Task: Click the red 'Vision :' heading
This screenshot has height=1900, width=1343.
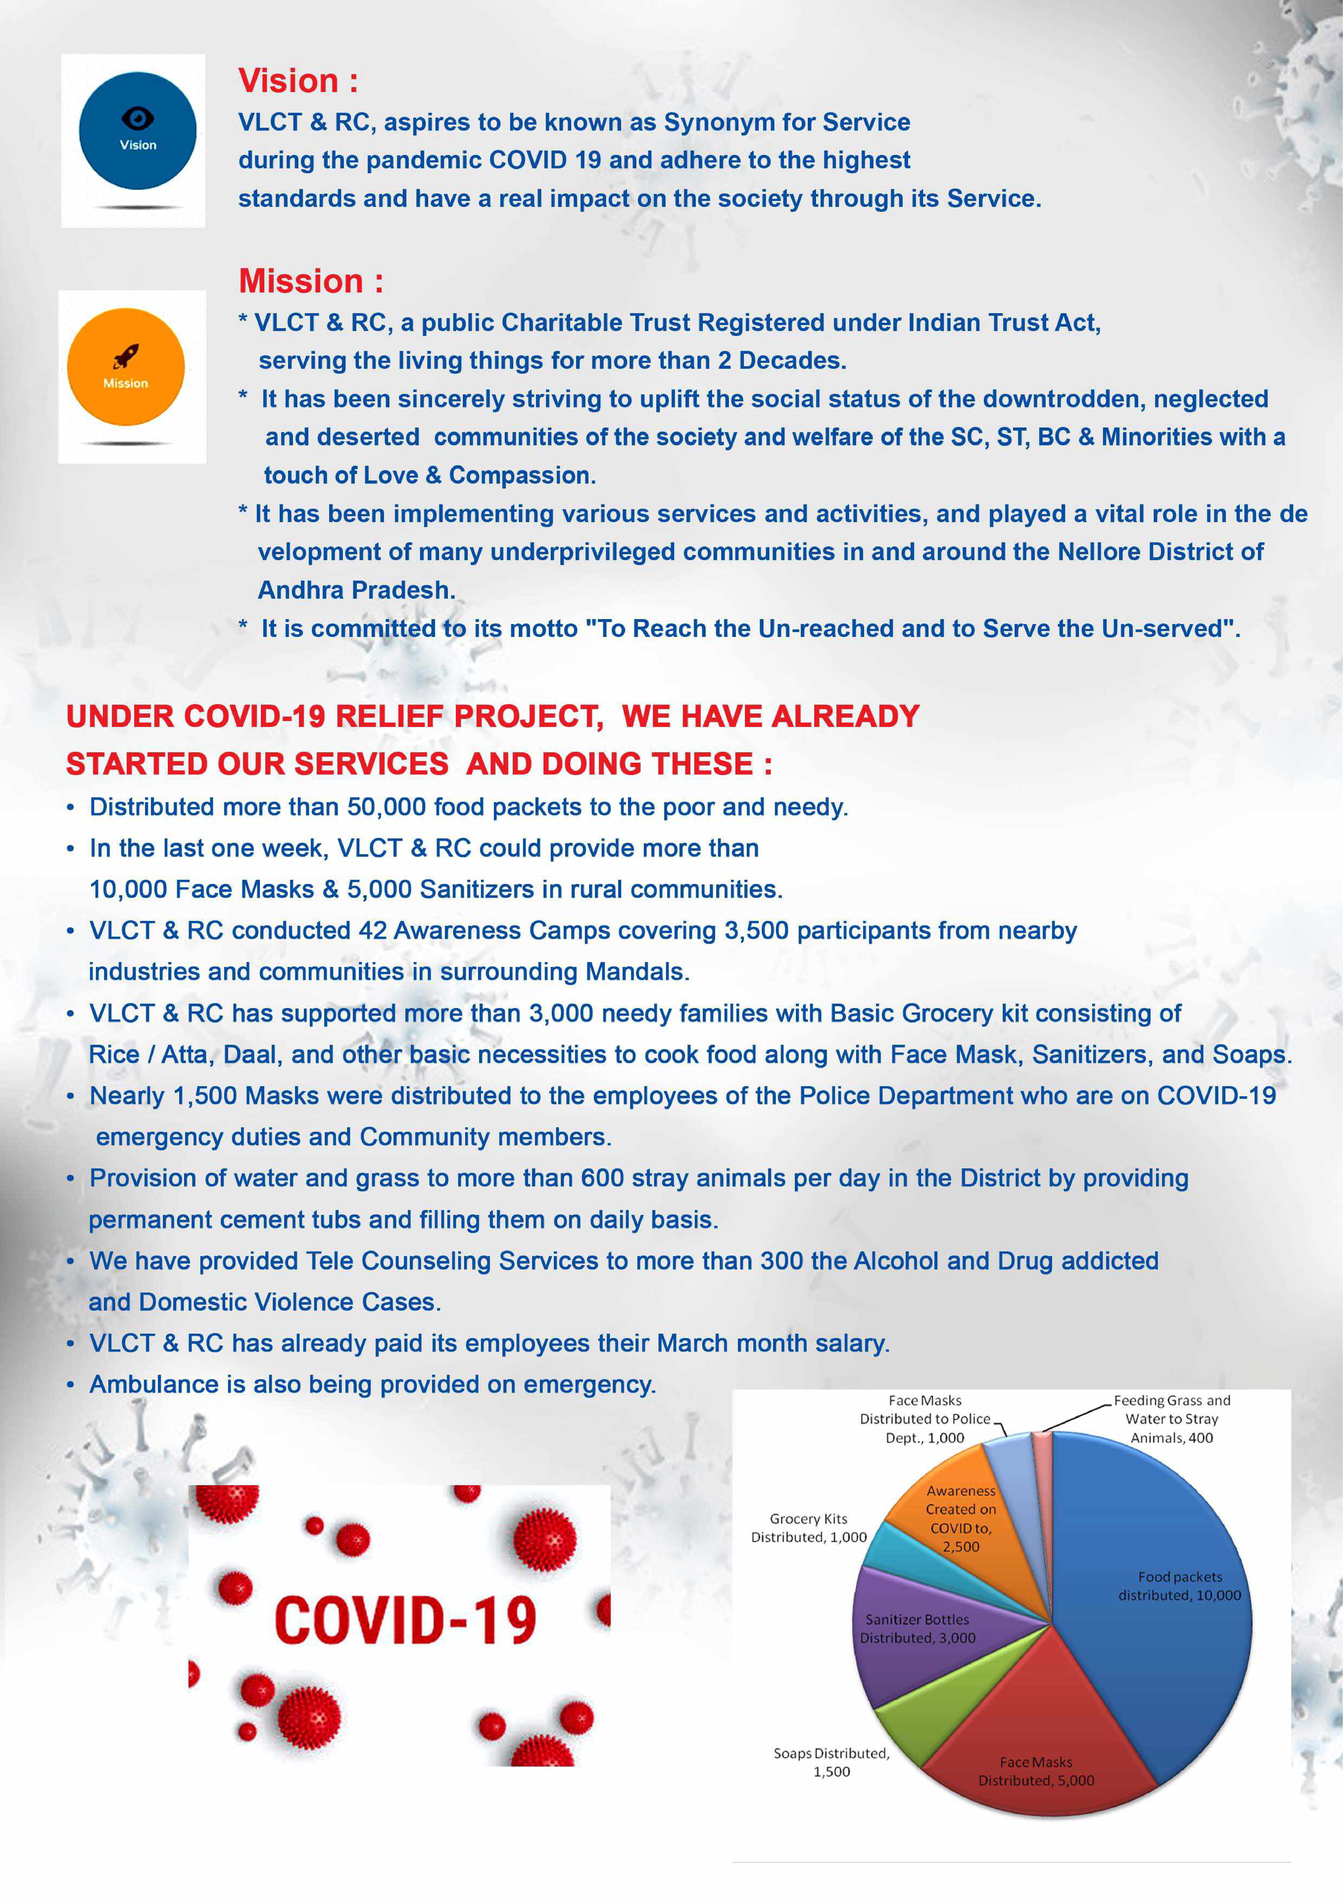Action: click(298, 81)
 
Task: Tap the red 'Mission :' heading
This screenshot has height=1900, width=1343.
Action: click(310, 281)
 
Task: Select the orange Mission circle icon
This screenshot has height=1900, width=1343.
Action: click(126, 367)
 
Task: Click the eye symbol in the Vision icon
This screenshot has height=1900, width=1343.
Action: click(137, 117)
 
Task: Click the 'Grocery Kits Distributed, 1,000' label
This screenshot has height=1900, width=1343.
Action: click(809, 1528)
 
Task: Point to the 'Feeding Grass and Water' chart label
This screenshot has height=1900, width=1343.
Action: click(1172, 1418)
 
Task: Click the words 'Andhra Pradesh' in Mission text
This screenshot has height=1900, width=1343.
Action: click(356, 590)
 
